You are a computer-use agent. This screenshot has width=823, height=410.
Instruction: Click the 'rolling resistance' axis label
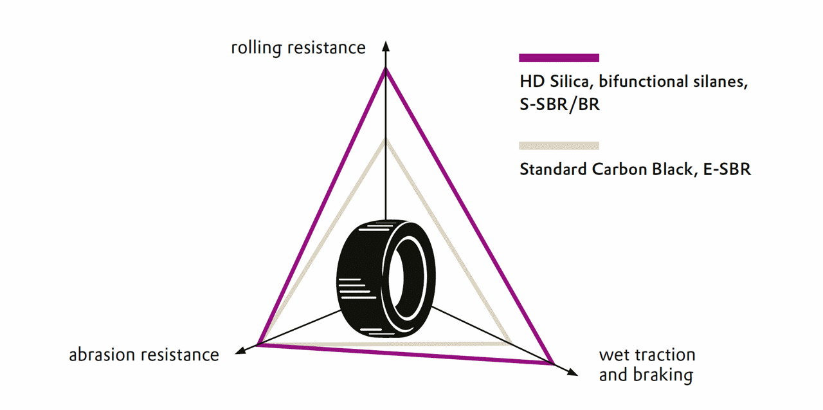(298, 48)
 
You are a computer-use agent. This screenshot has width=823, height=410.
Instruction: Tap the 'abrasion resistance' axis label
(144, 355)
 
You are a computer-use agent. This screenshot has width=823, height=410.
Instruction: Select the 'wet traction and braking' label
(647, 365)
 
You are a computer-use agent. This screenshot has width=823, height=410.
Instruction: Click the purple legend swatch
(559, 58)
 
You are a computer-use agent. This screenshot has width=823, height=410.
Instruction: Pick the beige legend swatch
(559, 145)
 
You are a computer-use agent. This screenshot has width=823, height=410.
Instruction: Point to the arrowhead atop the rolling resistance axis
(385, 46)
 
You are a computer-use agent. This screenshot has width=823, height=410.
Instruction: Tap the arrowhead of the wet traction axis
(572, 372)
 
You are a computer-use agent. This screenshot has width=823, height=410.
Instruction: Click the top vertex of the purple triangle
(385, 70)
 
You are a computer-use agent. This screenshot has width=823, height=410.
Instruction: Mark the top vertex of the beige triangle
(385, 141)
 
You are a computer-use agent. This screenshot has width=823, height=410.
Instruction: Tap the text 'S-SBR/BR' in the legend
(559, 105)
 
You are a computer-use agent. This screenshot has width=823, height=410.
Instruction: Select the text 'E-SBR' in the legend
(727, 169)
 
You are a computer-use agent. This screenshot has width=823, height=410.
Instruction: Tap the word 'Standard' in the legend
(553, 169)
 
